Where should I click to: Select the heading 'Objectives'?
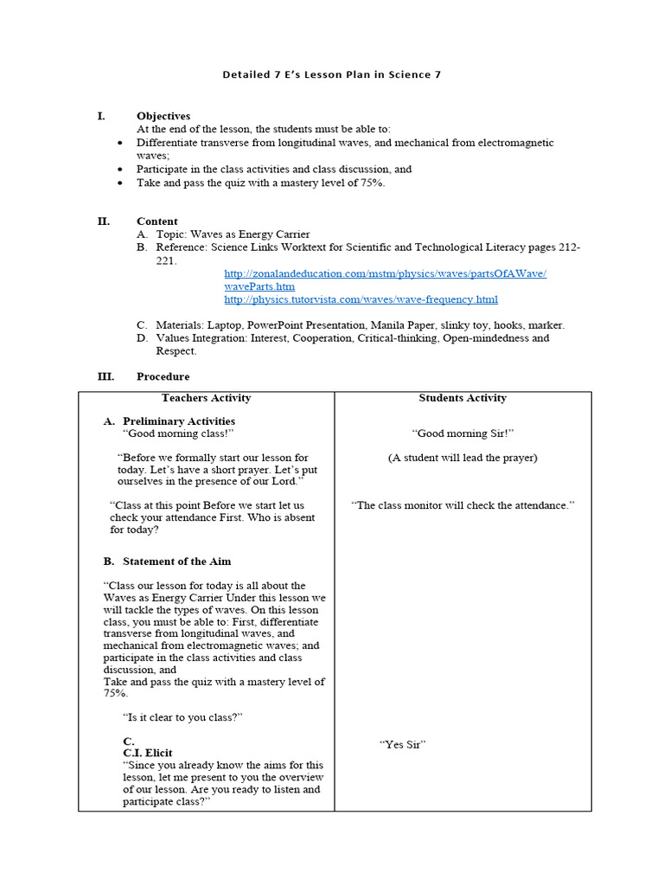tap(163, 116)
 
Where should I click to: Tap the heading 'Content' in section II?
tap(157, 221)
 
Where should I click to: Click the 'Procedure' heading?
tap(163, 377)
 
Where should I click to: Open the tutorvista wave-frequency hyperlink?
tap(361, 299)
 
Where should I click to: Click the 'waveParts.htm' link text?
tap(259, 286)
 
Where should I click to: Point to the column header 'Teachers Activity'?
tap(206, 398)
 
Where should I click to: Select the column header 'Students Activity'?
tap(463, 398)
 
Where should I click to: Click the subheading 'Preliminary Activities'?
tap(179, 421)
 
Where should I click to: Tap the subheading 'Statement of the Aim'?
tap(176, 562)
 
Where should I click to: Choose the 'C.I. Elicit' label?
tap(148, 753)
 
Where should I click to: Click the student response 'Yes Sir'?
tap(403, 744)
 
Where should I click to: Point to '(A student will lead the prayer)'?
tap(463, 458)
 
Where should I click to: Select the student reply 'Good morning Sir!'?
tap(463, 433)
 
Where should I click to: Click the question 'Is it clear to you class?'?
tap(183, 717)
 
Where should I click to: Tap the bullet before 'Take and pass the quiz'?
tap(119, 183)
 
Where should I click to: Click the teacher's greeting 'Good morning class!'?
tap(178, 433)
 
